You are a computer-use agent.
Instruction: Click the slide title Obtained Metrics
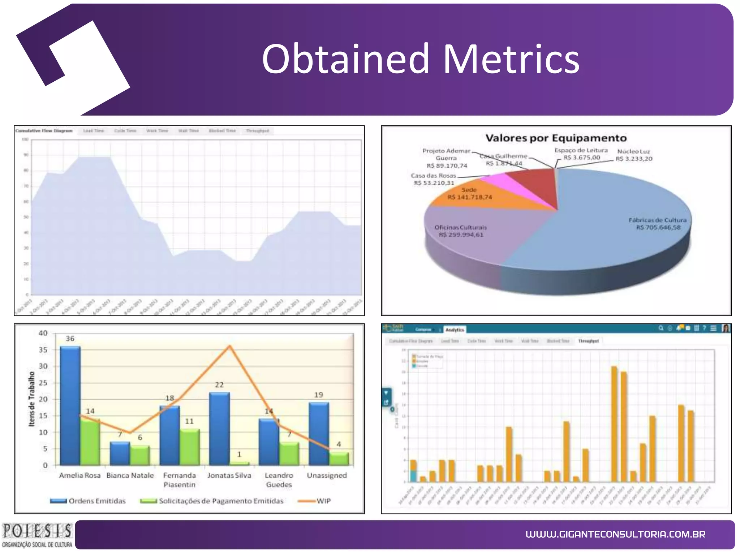coord(420,59)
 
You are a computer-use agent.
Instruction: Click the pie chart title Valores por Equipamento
coord(556,138)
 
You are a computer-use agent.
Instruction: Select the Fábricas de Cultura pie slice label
coord(658,224)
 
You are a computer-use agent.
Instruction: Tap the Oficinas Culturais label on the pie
coord(461,231)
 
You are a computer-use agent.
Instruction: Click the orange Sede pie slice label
coord(469,194)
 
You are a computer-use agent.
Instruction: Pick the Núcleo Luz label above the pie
coord(634,155)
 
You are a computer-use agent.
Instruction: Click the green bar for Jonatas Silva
coord(239,463)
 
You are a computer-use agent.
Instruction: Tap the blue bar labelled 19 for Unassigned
coord(319,434)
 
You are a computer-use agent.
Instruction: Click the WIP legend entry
coord(314,501)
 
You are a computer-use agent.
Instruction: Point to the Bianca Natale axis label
coord(130,476)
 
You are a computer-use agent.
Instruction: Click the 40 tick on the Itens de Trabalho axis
coord(43,333)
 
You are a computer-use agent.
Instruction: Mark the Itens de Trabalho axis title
coord(32,399)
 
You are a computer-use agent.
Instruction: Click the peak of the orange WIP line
coord(230,346)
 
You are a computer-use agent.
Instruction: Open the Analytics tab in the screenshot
coord(455,330)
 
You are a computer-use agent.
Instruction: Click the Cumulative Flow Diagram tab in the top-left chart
coord(44,131)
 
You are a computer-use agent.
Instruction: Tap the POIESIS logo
coord(37,535)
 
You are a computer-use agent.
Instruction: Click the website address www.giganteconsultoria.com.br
coord(615,534)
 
